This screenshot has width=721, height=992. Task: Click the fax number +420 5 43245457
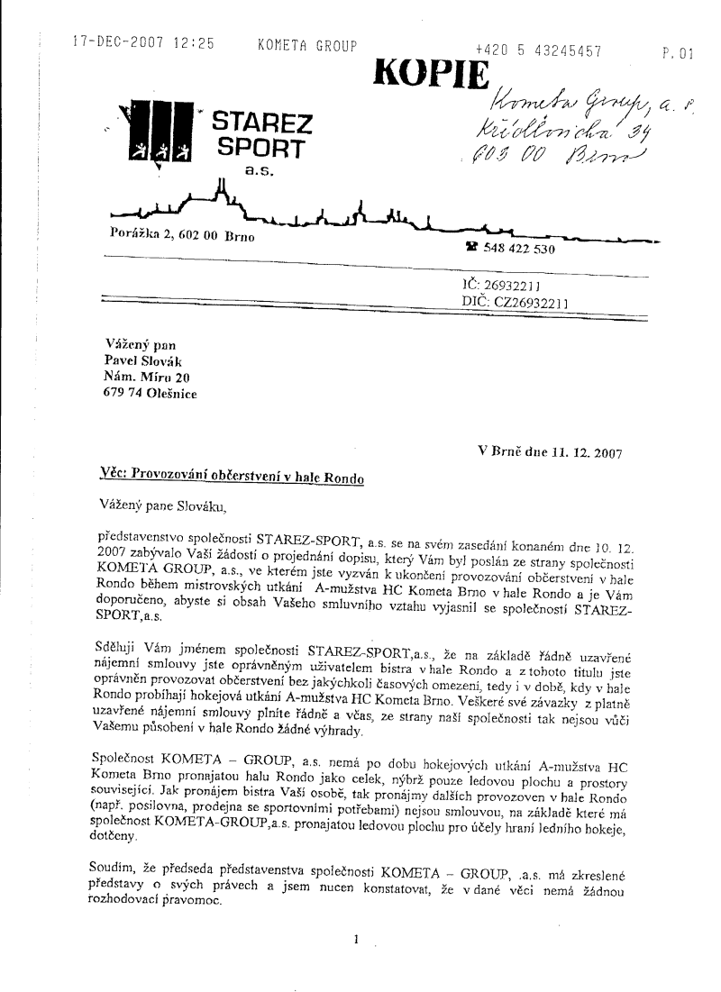pos(539,51)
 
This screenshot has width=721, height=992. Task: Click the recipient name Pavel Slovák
pos(145,360)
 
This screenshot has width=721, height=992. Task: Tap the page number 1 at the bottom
pos(358,940)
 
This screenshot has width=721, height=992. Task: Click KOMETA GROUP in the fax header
pos(307,46)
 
